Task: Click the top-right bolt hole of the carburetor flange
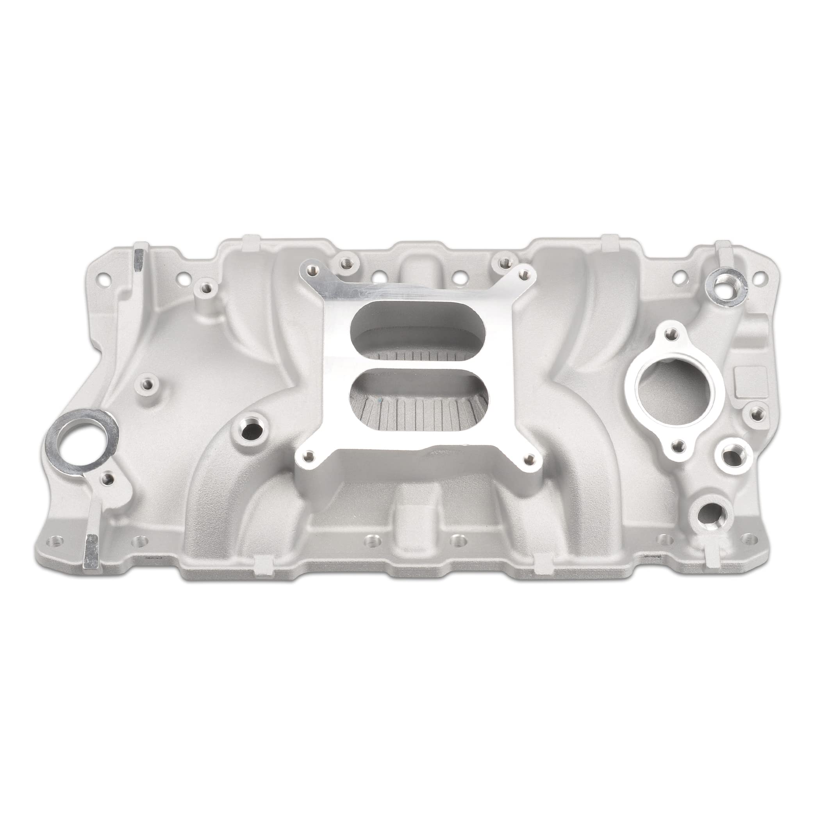(x=524, y=275)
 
